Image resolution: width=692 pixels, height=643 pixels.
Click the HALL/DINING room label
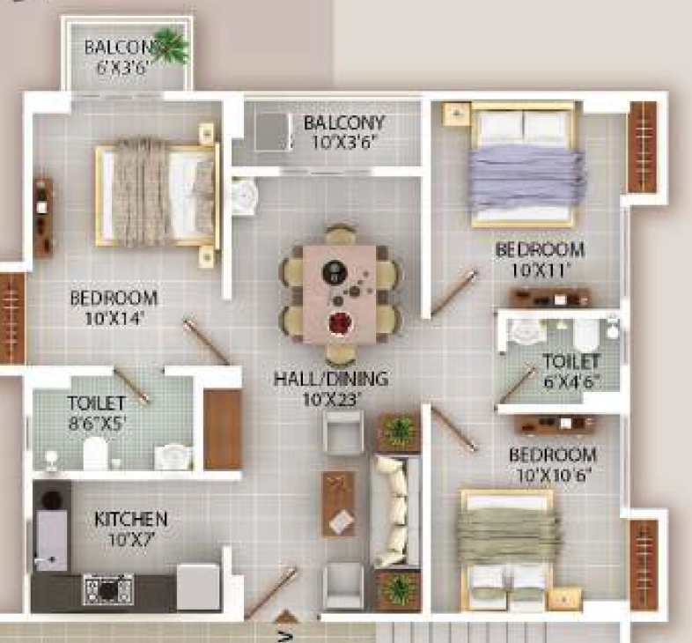331,379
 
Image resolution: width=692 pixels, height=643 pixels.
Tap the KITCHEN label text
131,520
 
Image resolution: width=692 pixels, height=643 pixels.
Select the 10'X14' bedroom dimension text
114,319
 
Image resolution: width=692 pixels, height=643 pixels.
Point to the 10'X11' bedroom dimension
541,270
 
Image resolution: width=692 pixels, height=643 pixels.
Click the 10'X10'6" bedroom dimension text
554,475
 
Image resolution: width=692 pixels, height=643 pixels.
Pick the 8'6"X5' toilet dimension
97,424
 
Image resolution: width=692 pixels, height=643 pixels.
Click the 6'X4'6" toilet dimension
572,381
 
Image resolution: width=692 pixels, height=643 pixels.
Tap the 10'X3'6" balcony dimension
343,142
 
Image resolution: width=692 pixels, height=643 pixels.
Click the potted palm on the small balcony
171,46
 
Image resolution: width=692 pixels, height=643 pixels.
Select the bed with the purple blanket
524,165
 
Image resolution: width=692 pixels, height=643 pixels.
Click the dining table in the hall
339,294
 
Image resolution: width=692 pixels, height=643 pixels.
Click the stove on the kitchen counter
108,589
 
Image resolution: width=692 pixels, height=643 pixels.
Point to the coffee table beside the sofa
339,504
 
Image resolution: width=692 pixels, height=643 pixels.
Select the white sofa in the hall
396,512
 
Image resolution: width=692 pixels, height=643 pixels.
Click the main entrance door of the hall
270,593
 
